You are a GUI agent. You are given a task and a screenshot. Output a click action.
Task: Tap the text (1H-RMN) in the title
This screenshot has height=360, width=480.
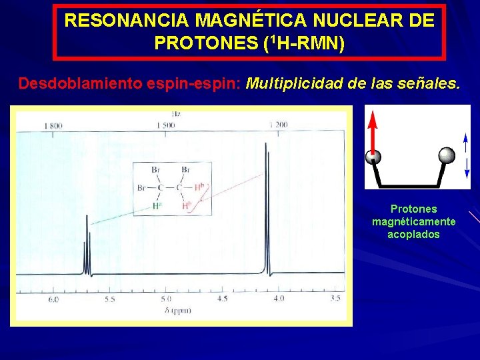(x=304, y=44)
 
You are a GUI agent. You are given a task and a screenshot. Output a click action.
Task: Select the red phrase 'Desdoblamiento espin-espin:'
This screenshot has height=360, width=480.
(x=129, y=84)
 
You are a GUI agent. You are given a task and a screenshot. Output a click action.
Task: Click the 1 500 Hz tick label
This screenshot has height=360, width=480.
(x=167, y=125)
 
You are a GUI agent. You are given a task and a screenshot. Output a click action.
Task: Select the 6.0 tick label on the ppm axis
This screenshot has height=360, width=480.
(x=53, y=299)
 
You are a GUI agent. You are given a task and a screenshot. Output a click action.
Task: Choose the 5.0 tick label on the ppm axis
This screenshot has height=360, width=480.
(x=166, y=299)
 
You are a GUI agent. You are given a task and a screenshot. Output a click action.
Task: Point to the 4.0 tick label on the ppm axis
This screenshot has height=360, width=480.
(x=278, y=299)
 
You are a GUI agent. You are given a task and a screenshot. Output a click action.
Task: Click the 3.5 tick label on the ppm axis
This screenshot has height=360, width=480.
(x=335, y=299)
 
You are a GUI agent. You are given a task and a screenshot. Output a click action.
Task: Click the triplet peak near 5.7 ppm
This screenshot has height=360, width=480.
(x=87, y=247)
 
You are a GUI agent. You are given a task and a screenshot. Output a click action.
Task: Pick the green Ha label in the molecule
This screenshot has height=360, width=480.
(x=158, y=205)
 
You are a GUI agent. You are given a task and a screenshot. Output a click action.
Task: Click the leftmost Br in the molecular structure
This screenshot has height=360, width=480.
(x=141, y=188)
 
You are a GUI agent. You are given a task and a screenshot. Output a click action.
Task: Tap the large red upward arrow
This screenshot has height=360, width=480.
(x=373, y=133)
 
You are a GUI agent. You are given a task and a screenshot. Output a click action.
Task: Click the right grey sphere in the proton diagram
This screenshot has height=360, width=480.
(x=447, y=156)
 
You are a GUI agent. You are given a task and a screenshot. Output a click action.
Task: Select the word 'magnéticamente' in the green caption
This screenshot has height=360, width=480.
(x=413, y=221)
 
